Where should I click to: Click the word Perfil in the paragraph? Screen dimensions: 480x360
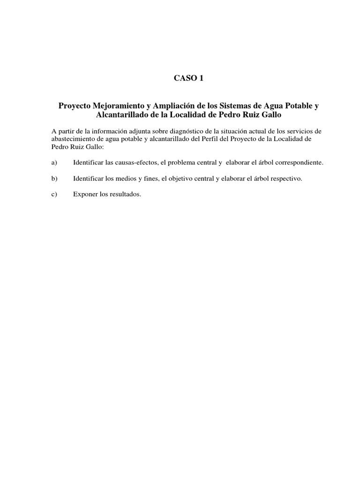click(213, 139)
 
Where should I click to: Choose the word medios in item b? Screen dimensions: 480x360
click(122, 179)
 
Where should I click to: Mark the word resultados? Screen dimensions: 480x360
click(125, 195)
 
